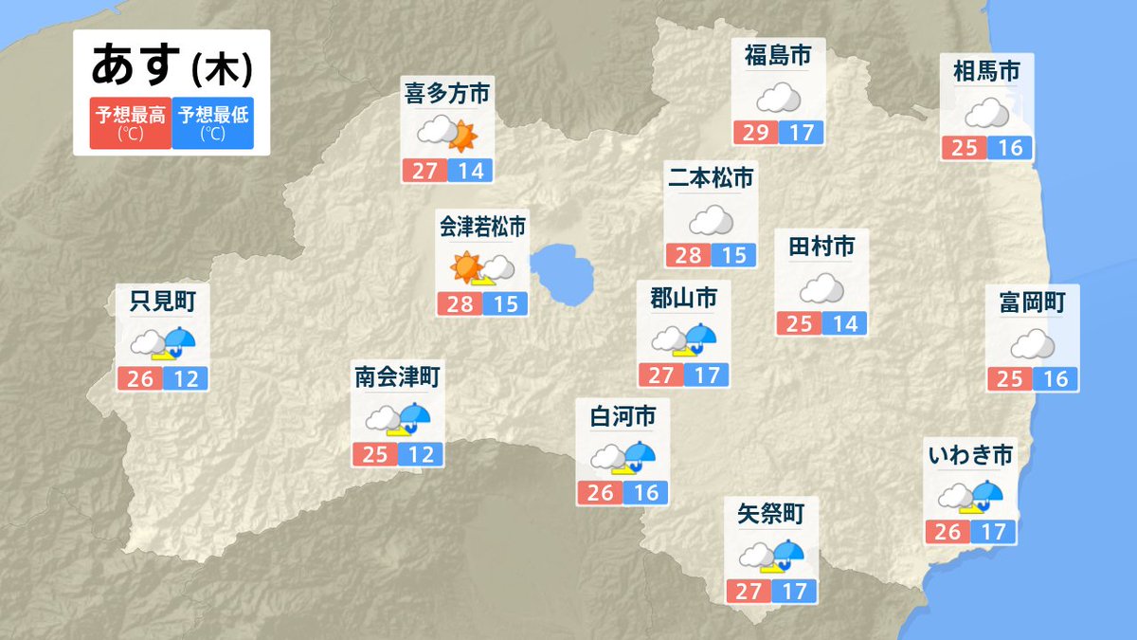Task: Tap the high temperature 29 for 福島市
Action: (755, 132)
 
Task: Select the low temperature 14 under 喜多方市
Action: (470, 171)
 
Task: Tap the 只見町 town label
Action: (162, 302)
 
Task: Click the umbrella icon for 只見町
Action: (179, 339)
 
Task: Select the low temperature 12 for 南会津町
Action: (421, 454)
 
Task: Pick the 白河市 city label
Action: (623, 416)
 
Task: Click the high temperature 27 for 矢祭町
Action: (749, 592)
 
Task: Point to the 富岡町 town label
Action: (1032, 302)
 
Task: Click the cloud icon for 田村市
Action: (821, 287)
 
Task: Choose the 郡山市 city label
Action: (683, 299)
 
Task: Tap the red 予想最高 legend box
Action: (130, 122)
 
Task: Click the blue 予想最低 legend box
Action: (213, 122)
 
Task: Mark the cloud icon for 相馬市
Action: (987, 114)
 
